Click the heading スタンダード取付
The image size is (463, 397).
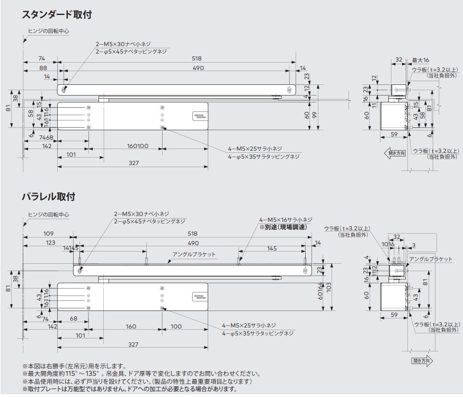point(57,15)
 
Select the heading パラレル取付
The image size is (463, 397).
point(48,197)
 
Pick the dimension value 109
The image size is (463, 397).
point(48,234)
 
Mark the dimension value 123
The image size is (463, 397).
point(49,243)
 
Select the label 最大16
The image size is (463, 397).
point(421,60)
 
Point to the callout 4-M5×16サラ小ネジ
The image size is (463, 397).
point(286,219)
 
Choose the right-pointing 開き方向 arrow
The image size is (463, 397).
point(422,361)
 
